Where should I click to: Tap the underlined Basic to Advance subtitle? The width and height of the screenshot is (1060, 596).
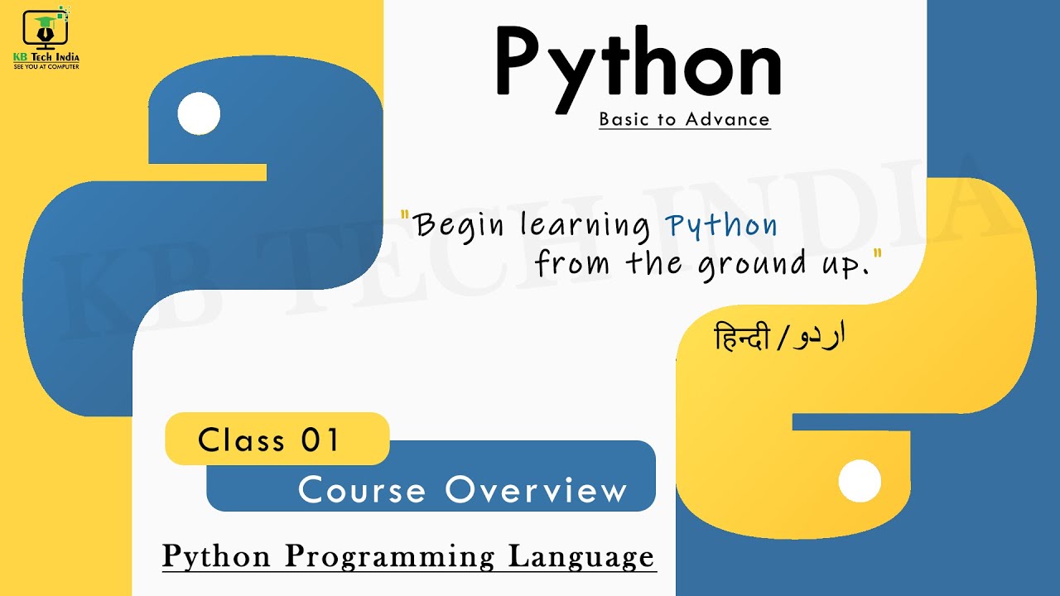[x=684, y=119]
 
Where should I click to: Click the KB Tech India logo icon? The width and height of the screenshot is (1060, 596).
[x=46, y=30]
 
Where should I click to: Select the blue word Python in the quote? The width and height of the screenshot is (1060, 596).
[x=721, y=225]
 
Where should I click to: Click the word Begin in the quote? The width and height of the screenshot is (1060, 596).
[x=460, y=225]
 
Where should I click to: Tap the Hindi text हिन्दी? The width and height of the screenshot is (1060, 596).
[x=742, y=338]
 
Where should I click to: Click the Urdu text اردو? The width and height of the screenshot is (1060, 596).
[x=815, y=337]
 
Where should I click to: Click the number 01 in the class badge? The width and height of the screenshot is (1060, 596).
[x=321, y=440]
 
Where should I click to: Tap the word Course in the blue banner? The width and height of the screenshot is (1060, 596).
[x=363, y=489]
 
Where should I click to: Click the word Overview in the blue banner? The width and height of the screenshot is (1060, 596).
[x=537, y=489]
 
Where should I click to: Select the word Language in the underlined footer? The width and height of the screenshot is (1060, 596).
[x=581, y=555]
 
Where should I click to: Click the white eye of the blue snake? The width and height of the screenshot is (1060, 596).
[x=199, y=113]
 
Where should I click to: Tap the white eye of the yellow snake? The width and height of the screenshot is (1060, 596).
[x=860, y=481]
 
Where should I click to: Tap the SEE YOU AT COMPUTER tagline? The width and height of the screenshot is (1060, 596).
[x=46, y=66]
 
